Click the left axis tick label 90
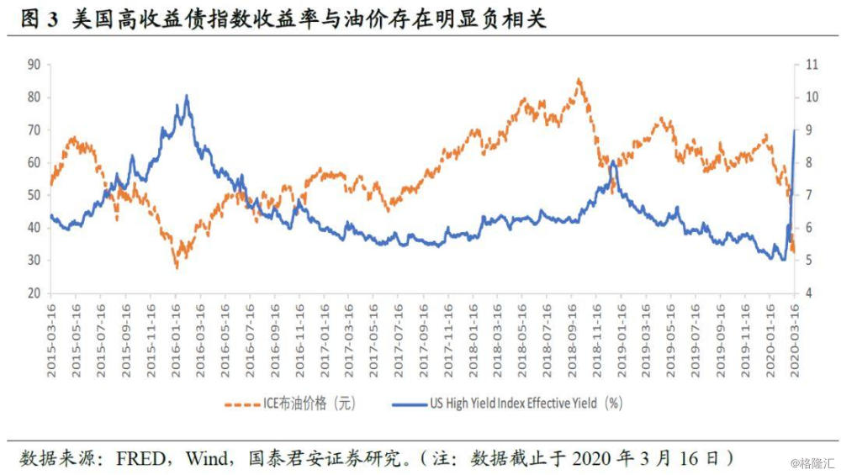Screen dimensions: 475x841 34,64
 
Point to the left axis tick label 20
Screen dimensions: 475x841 34,293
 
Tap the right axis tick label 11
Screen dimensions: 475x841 812,64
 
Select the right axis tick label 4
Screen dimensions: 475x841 810,293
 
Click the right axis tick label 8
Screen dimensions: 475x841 810,162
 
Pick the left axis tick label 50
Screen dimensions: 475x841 34,195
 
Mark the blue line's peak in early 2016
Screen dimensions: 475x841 186,96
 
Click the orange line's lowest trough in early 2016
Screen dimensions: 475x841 177,267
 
